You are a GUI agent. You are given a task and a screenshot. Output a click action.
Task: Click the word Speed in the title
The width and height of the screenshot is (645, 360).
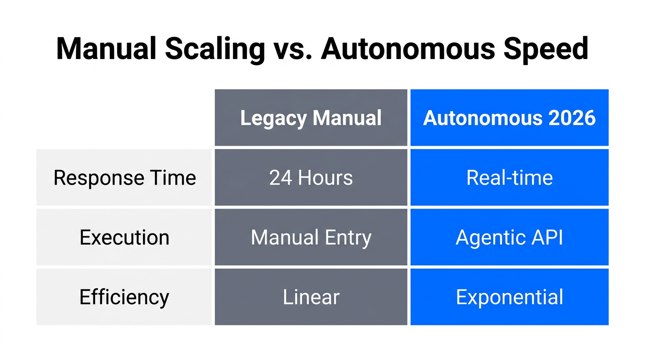point(547,48)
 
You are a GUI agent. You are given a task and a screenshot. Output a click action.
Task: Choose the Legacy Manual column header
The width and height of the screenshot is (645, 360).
point(311,118)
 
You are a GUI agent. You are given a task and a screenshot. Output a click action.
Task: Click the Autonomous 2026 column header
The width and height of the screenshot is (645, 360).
point(510,118)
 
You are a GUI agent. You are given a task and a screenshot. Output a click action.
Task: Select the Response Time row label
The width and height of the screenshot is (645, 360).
point(125,178)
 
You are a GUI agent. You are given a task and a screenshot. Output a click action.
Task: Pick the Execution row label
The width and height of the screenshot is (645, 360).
point(125,237)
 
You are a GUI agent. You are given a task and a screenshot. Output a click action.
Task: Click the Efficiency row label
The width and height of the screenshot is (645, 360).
point(125,297)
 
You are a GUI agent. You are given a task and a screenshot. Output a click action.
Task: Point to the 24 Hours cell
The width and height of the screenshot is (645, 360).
point(311,178)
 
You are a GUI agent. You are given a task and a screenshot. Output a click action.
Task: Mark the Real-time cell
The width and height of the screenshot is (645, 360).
point(510,178)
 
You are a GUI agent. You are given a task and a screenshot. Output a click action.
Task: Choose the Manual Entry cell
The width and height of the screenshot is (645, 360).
point(311,237)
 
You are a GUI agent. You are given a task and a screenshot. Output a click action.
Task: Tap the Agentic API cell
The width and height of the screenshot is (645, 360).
point(510,237)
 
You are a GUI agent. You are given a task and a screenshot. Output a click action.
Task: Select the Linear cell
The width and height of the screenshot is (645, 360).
point(311,297)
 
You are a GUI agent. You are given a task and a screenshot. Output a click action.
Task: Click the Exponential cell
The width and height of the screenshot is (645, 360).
point(510,297)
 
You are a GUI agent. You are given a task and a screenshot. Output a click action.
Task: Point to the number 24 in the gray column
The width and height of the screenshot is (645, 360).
point(280,178)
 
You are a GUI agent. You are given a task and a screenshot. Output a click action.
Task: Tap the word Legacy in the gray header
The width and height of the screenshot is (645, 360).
point(274,118)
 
